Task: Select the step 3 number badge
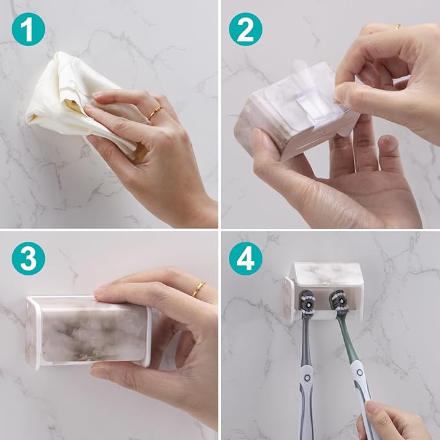point(28,258)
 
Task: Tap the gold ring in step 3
point(198,288)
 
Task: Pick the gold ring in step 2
point(397,27)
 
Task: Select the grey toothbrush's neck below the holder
point(305,343)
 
